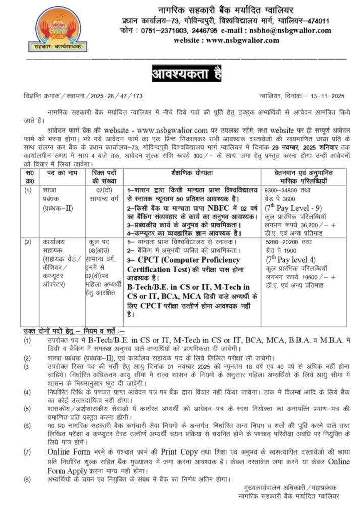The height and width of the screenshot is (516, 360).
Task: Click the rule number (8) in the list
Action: pyautogui.click(x=27, y=478)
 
